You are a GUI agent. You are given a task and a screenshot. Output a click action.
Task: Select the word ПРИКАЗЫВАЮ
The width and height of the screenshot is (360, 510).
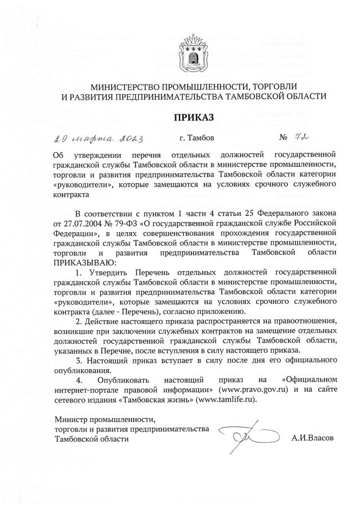84,262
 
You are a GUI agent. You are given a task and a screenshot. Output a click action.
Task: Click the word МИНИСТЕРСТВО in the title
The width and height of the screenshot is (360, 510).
127,87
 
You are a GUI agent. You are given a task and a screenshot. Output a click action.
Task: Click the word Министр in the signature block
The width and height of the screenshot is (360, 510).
70,419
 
